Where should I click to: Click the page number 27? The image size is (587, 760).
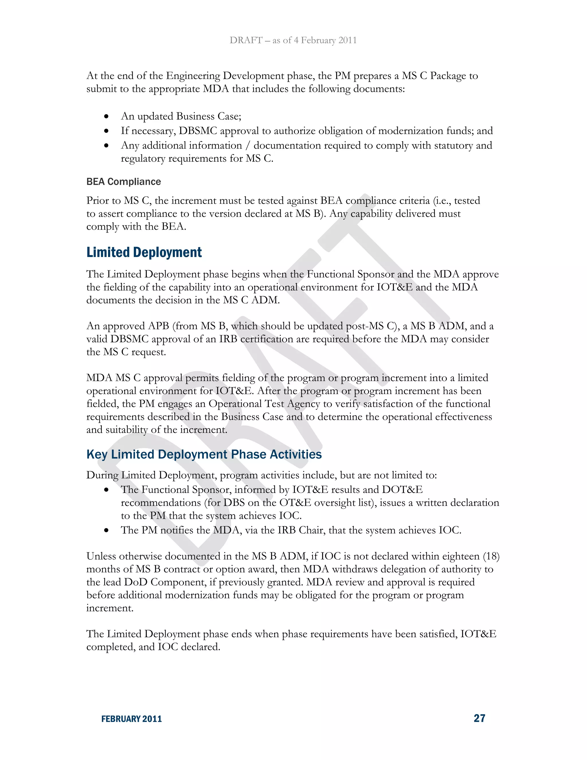[479, 718]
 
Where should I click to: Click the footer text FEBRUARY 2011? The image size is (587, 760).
[132, 719]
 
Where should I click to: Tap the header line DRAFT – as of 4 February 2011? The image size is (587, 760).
[293, 40]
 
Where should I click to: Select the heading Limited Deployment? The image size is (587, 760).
[144, 252]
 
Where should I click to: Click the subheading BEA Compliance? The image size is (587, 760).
[124, 182]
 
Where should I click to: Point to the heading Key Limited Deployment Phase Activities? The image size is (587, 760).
[204, 455]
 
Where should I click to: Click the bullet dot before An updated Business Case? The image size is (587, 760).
[106, 116]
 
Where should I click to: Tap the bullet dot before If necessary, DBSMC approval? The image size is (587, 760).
[106, 131]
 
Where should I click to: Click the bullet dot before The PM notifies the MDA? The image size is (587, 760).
[106, 531]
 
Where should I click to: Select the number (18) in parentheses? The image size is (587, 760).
[491, 556]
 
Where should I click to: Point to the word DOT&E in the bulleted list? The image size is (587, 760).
[402, 490]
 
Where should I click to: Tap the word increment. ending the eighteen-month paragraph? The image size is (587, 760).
[110, 608]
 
